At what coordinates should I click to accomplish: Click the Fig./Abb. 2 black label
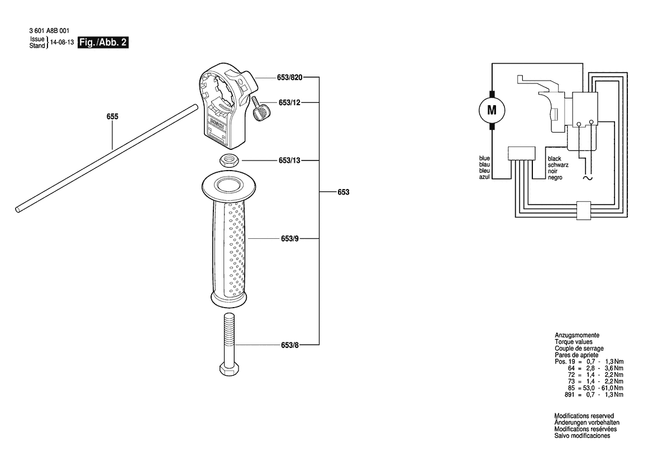103,43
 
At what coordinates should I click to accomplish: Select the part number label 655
112,117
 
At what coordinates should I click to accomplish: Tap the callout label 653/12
289,102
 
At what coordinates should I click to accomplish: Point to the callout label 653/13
289,161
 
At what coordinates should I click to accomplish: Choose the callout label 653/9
290,239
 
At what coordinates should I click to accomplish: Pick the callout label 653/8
290,345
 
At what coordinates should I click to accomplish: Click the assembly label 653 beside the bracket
344,192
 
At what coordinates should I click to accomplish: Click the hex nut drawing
228,160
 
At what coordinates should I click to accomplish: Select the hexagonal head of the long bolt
229,370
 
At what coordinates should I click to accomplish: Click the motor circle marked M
492,110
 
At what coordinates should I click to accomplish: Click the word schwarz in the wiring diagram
558,165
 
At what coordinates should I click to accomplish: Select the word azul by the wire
484,177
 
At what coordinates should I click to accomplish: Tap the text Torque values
574,342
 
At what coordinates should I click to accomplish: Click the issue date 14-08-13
62,43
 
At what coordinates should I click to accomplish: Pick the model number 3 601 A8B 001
50,31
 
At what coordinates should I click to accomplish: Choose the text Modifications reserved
584,416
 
